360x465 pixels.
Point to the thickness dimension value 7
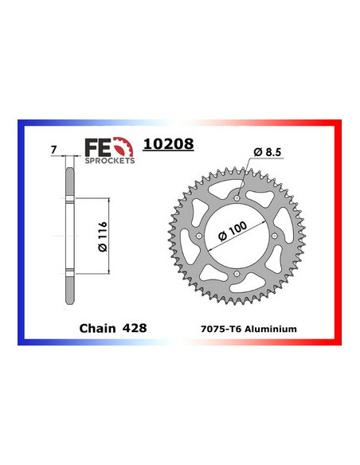tap(53, 149)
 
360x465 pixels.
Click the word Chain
tap(96, 327)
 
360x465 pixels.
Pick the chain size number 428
tap(135, 327)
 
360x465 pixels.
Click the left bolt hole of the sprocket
tap(198, 236)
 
